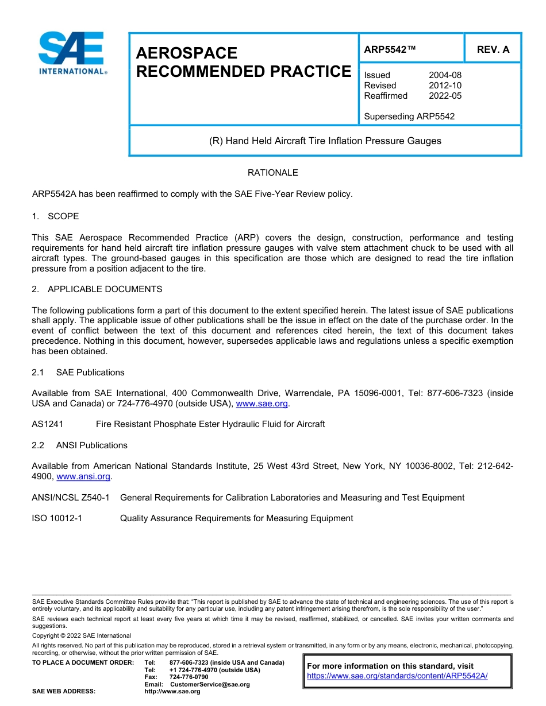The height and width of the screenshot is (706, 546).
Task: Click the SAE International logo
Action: [72, 53]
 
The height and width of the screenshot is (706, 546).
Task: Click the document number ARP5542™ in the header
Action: [390, 49]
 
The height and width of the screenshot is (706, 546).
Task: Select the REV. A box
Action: [493, 49]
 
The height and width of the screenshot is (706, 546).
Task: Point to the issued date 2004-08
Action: [445, 75]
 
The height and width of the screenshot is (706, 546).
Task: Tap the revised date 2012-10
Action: [445, 86]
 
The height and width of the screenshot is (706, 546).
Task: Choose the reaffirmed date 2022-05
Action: [445, 96]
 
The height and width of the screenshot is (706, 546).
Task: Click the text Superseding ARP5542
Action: [409, 117]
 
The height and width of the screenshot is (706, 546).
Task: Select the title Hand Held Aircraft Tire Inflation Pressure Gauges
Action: [325, 141]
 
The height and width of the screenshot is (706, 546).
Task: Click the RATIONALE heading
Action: [272, 173]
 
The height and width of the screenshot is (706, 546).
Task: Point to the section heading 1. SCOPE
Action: [56, 216]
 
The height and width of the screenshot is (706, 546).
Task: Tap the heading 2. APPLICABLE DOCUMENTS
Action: [97, 289]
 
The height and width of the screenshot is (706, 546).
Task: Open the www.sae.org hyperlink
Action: [262, 404]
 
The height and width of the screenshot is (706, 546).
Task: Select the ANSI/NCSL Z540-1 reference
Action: [71, 498]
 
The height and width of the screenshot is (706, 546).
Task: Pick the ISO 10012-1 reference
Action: [57, 518]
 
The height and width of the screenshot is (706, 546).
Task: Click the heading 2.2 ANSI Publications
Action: [80, 445]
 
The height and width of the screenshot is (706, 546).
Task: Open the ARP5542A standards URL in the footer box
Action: [397, 676]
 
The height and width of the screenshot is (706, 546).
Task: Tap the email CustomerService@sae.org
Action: [210, 684]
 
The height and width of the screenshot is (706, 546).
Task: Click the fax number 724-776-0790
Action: [189, 677]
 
